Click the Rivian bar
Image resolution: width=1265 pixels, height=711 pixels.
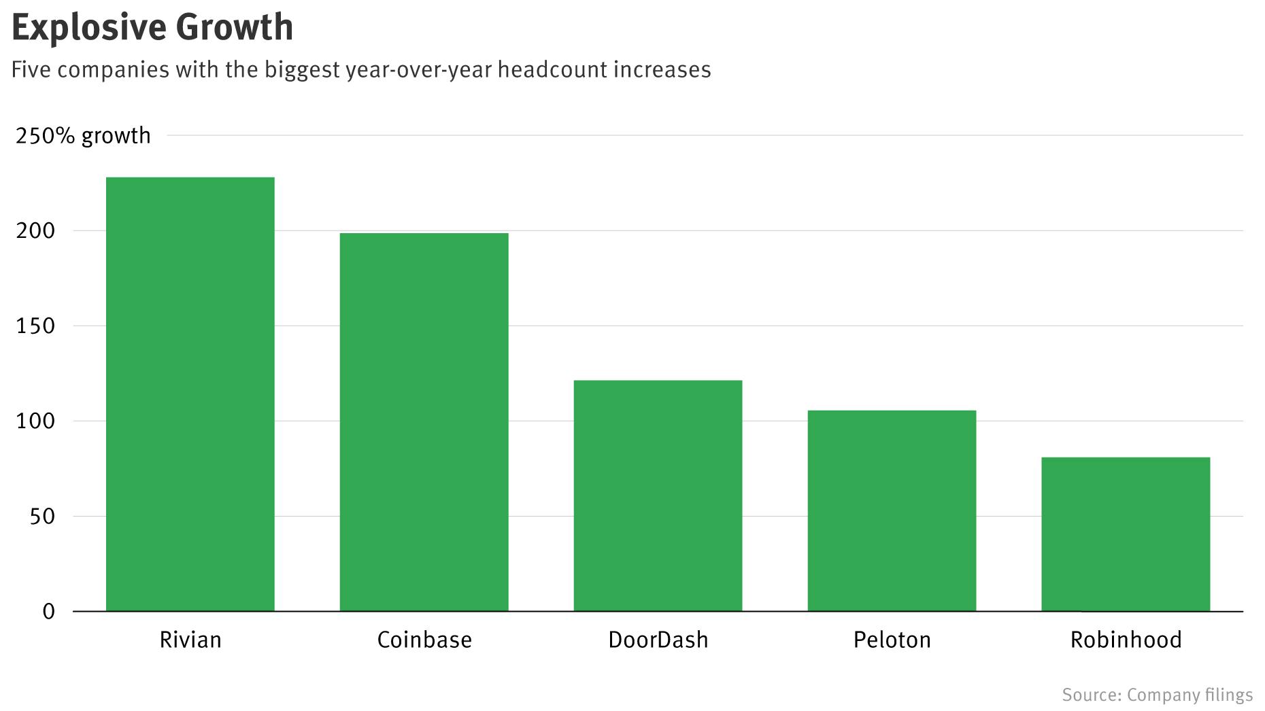click(190, 394)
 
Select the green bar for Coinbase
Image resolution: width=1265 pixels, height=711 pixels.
click(424, 422)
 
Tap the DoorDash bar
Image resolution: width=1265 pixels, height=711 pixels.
click(658, 496)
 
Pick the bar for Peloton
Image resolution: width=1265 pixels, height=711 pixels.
click(892, 510)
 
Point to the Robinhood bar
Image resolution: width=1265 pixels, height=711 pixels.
click(1126, 534)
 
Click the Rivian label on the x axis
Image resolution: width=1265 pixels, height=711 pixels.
click(190, 640)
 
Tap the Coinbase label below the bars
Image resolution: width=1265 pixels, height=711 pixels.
click(424, 640)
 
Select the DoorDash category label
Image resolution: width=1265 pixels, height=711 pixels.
click(658, 640)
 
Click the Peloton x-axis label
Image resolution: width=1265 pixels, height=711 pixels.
click(892, 640)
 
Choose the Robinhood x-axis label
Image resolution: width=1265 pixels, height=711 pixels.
click(1126, 640)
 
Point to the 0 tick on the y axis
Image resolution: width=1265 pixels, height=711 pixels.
click(48, 612)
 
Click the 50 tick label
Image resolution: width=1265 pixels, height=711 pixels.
click(42, 517)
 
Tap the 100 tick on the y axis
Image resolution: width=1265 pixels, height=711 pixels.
click(35, 421)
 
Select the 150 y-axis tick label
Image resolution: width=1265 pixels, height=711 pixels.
click(35, 326)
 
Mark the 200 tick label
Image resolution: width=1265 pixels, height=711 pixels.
click(35, 231)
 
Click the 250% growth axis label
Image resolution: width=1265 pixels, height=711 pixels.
click(83, 136)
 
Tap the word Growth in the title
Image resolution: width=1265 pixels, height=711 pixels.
click(235, 27)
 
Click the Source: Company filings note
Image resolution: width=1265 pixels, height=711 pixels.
click(1157, 695)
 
